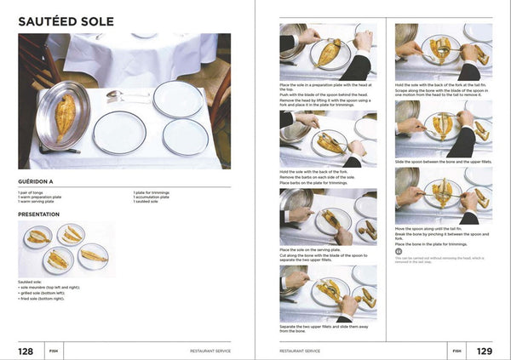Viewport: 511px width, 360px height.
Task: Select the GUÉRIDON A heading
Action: pos(41,181)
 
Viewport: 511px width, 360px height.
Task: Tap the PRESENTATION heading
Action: pos(47,214)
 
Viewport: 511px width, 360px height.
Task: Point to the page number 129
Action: pos(483,350)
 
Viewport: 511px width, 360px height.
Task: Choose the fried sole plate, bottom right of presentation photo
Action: pos(93,255)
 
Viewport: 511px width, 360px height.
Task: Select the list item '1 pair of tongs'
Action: pos(35,192)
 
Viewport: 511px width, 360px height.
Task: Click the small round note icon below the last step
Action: pos(399,250)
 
